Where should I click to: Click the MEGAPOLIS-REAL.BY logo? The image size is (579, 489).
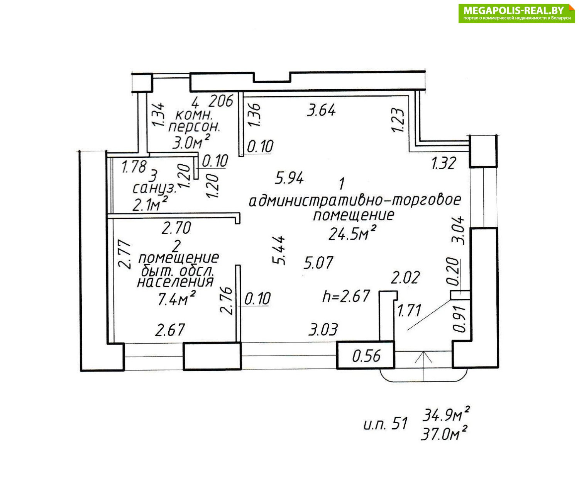point(516,13)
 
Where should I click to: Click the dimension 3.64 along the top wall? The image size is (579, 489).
point(322,111)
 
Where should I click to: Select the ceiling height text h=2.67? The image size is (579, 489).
point(346,296)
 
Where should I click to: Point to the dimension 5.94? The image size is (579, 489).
point(289,178)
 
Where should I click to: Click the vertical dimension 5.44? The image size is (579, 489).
point(279,250)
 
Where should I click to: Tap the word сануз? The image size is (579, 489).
point(154,189)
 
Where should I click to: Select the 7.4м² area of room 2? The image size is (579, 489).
point(176,299)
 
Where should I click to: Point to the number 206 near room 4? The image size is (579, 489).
point(221,101)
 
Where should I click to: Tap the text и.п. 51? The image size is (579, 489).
point(385,424)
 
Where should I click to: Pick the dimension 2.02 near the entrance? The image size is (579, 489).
point(405,278)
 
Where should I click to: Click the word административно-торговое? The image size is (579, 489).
point(355,201)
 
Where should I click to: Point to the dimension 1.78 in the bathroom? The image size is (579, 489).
point(134,167)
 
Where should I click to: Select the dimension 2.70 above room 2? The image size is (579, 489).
point(176,228)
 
